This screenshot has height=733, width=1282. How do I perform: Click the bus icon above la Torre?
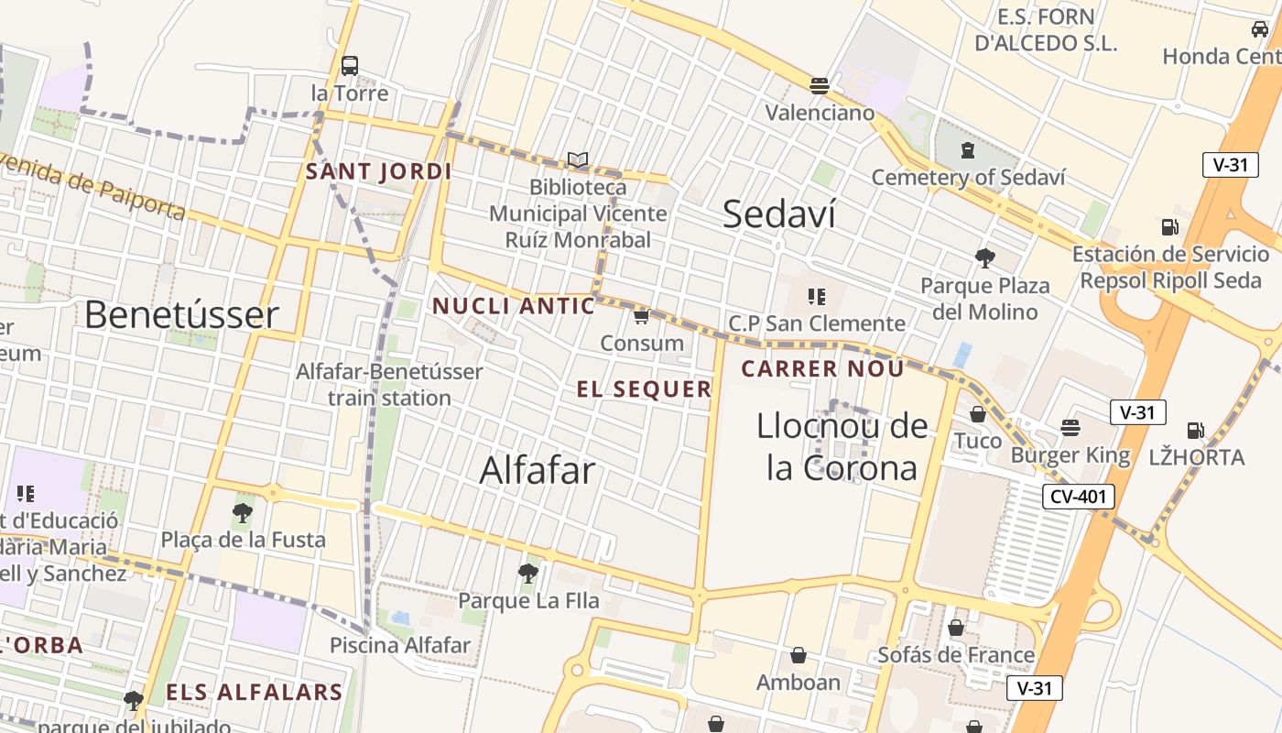point(349,66)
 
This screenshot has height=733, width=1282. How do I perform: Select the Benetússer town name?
point(181,314)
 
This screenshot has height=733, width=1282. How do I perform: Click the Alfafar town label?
point(538,470)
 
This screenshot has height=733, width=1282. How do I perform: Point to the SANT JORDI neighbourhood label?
point(379,171)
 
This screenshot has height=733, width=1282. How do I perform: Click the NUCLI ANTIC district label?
point(514,306)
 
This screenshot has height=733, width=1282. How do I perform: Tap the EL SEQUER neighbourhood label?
point(645,389)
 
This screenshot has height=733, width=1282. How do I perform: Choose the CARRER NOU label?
point(822,369)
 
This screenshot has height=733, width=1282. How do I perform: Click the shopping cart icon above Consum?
point(641,316)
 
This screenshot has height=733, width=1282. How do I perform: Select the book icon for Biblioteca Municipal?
point(578,160)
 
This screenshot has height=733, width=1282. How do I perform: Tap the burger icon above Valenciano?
point(820,86)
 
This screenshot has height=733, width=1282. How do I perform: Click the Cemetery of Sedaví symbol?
point(968,150)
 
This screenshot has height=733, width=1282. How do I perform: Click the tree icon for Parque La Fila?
point(528,574)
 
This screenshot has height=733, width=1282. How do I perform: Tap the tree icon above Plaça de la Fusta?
point(243,512)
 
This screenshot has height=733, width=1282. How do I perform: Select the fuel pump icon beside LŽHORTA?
point(1195,430)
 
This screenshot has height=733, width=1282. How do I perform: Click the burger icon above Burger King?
point(1070,428)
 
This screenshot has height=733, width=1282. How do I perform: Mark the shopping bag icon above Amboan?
point(799,655)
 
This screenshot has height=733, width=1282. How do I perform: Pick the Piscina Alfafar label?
point(400,645)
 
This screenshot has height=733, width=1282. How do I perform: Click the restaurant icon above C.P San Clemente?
point(816,296)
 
